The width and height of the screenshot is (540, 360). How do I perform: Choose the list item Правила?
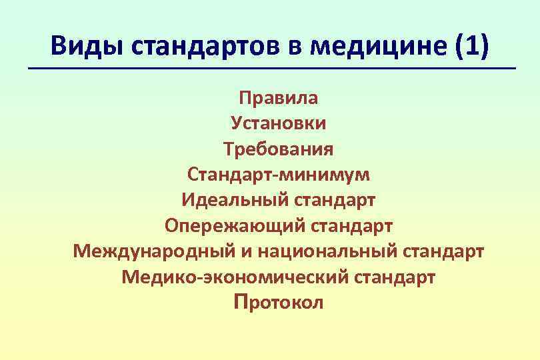pyautogui.click(x=279, y=99)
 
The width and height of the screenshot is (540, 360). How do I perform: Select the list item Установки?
pyautogui.click(x=279, y=123)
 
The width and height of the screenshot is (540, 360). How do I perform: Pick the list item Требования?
pyautogui.click(x=279, y=149)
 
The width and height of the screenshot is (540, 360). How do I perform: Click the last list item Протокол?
pyautogui.click(x=279, y=303)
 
